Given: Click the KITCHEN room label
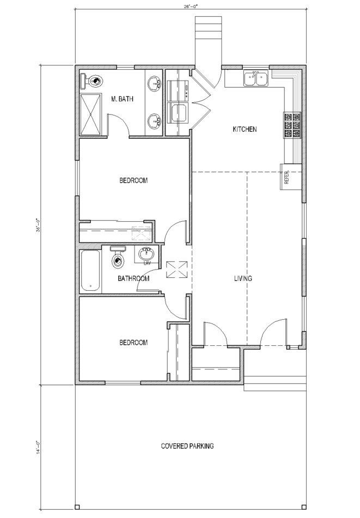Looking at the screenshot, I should pyautogui.click(x=245, y=130).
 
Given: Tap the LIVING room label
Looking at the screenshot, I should pyautogui.click(x=243, y=279).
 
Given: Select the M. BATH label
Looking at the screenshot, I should pyautogui.click(x=123, y=99).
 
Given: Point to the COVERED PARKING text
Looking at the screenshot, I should pyautogui.click(x=187, y=446).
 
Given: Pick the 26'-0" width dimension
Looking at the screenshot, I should pyautogui.click(x=190, y=7).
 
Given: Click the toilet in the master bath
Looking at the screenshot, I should pyautogui.click(x=93, y=82).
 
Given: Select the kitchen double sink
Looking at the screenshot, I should pyautogui.click(x=255, y=79).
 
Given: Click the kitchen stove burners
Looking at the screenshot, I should pyautogui.click(x=291, y=126).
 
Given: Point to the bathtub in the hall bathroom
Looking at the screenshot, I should pyautogui.click(x=90, y=271).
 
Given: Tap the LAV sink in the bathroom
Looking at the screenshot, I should pyautogui.click(x=147, y=254).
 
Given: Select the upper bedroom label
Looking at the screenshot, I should pyautogui.click(x=133, y=181).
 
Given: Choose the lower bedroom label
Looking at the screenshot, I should pyautogui.click(x=133, y=343).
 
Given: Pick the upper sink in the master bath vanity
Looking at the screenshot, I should pyautogui.click(x=154, y=84).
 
